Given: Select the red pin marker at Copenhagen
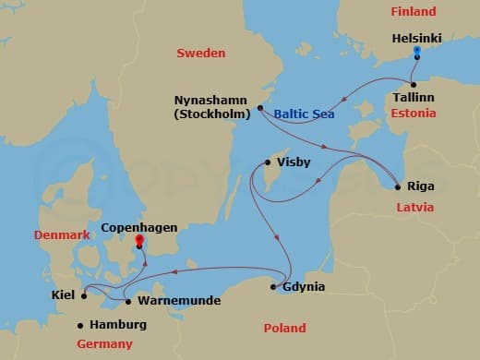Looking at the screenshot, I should (x=139, y=242).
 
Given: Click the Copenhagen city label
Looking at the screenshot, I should (x=138, y=226).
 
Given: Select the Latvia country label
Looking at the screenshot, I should (x=414, y=207).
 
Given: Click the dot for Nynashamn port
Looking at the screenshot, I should (x=260, y=108).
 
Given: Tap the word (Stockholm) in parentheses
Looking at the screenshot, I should (x=213, y=114).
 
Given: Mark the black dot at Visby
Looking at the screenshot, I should (x=268, y=163).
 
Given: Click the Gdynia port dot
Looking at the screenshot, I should (x=274, y=287).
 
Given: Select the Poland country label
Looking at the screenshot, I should (x=283, y=327).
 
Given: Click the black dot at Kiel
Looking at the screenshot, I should (x=84, y=296).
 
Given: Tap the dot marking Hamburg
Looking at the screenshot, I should (x=80, y=325).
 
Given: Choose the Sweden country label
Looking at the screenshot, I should (x=200, y=54).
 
